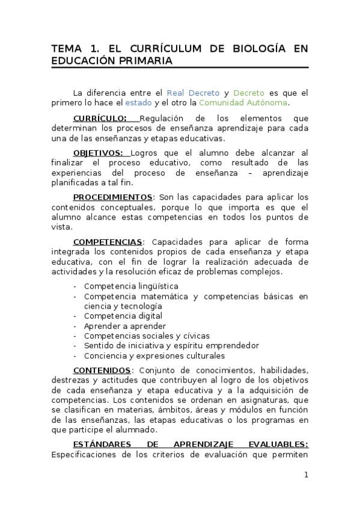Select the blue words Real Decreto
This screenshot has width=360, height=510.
click(193, 93)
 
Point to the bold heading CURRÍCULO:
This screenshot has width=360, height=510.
click(100, 118)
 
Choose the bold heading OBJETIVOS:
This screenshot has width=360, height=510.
click(97, 153)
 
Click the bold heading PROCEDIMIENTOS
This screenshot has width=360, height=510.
click(112, 197)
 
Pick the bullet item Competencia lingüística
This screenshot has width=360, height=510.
click(131, 286)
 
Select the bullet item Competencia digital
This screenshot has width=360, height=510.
click(123, 316)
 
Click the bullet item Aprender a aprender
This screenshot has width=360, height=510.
click(125, 326)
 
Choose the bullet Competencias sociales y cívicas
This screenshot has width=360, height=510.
click(147, 336)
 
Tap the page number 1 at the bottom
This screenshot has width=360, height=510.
click(306, 475)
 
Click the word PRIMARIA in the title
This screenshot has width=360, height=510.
click(144, 61)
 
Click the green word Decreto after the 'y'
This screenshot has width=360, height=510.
click(249, 93)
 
